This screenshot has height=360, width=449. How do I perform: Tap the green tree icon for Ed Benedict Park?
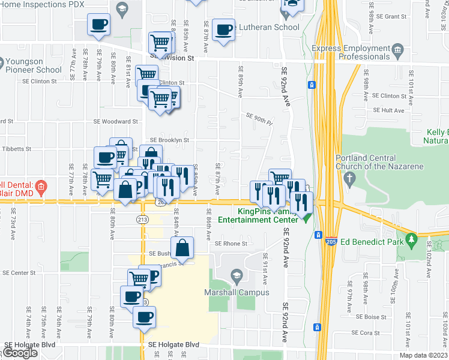click(411, 241)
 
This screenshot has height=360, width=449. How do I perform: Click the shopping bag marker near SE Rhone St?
click(182, 247)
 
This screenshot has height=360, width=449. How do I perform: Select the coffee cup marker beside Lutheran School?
click(223, 30)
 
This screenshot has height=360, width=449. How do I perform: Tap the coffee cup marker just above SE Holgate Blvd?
click(144, 317)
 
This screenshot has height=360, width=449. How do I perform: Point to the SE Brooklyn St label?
click(169, 140)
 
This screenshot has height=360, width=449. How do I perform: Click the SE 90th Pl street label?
click(259, 118)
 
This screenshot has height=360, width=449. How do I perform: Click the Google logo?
click(20, 353)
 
